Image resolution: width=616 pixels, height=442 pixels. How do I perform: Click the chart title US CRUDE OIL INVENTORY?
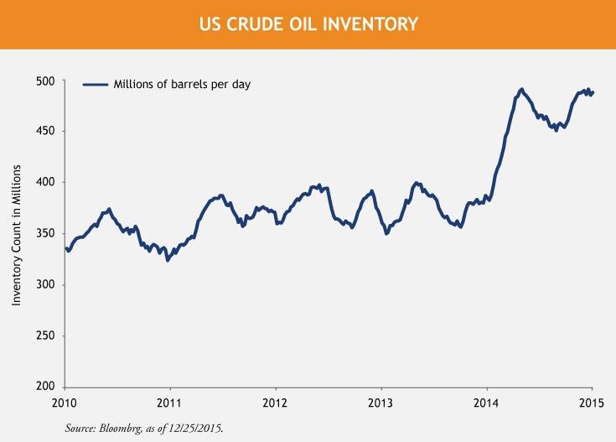click(308, 24)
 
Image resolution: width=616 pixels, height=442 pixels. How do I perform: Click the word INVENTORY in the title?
click(372, 24)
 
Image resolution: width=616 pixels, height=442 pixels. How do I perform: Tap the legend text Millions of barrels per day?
click(181, 84)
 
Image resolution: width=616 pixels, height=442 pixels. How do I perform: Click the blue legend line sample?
click(96, 84)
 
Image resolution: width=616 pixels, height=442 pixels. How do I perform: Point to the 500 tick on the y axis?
click(48, 81)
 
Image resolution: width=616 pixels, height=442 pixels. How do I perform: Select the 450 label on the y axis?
click(48, 132)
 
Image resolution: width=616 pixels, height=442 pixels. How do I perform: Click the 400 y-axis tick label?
click(48, 182)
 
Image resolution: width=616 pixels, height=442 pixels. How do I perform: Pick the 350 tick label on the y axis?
click(48, 233)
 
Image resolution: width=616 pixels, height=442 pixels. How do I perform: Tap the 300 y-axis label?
click(48, 284)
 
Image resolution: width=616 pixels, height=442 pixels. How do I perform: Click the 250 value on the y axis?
click(48, 335)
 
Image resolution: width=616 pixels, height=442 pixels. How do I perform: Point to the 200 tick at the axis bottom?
click(48, 387)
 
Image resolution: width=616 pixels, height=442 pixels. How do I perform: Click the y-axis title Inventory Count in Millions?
click(17, 233)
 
